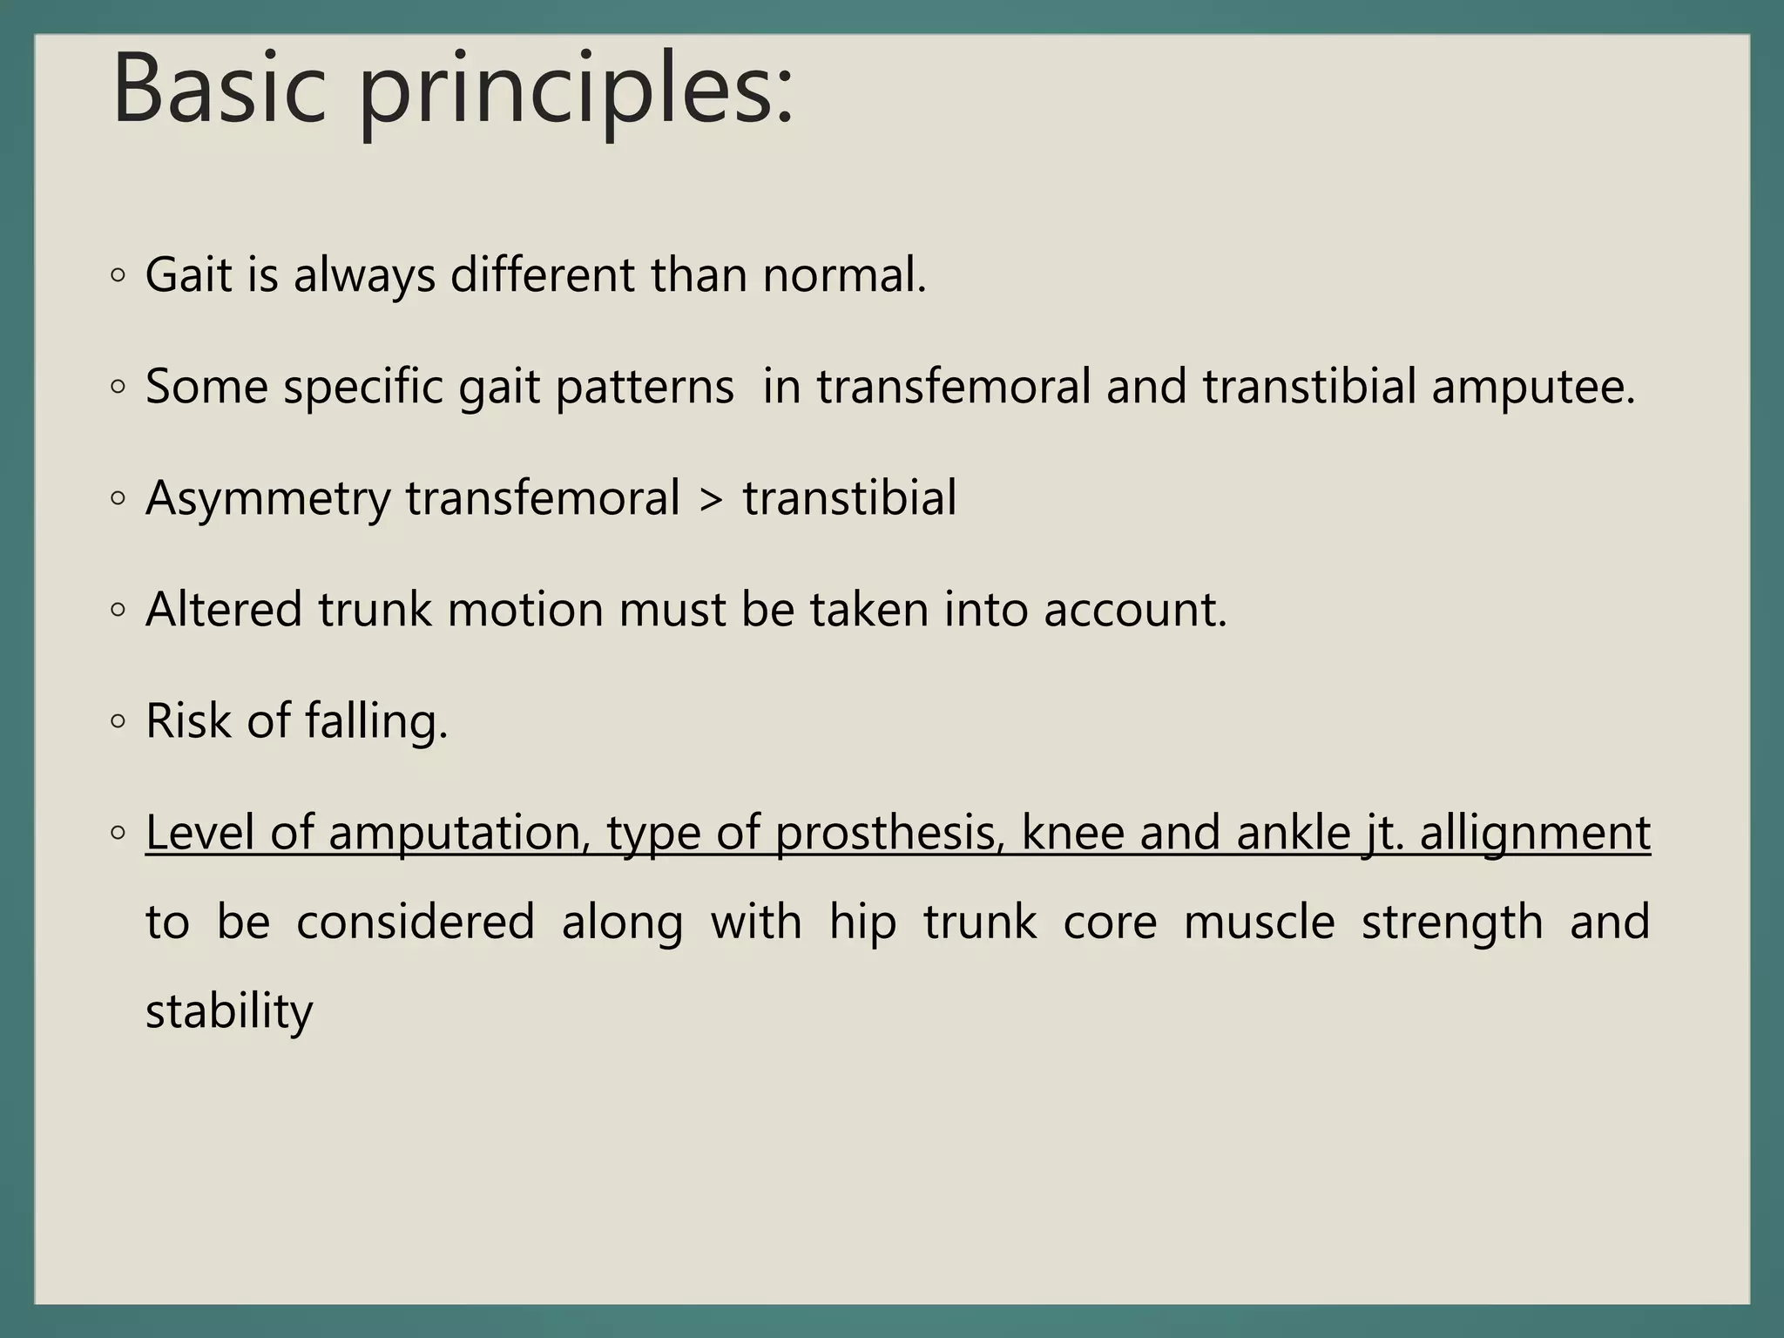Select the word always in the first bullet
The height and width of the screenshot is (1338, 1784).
[x=364, y=277]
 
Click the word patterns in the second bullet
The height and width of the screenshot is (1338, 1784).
[x=645, y=387]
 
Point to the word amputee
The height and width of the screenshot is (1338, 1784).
[x=1533, y=387]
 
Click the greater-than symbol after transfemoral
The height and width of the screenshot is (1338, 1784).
[x=711, y=499]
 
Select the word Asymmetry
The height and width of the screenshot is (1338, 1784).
[x=268, y=499]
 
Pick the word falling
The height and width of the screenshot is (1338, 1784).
[x=376, y=721]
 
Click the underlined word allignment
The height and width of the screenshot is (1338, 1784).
[x=1535, y=833]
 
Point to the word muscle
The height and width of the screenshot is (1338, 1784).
[x=1259, y=922]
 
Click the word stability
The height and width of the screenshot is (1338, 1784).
[x=229, y=1011]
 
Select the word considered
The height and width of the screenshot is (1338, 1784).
[x=416, y=922]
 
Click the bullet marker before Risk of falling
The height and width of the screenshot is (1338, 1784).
[x=118, y=722]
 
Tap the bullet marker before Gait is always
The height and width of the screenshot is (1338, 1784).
[x=118, y=276]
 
